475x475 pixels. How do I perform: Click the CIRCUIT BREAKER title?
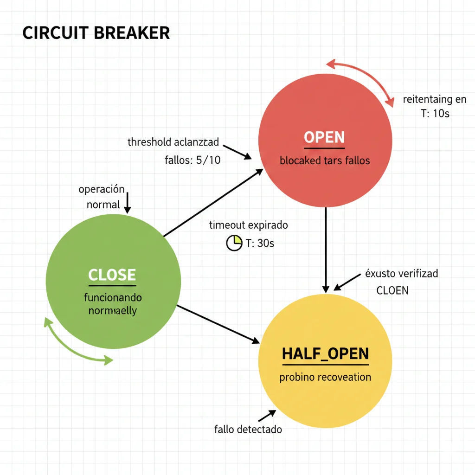pyautogui.click(x=96, y=33)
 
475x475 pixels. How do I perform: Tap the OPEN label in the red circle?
pyautogui.click(x=324, y=137)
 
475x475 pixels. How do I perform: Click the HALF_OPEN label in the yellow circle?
pyautogui.click(x=325, y=354)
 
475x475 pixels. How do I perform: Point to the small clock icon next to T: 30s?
pyautogui.click(x=234, y=243)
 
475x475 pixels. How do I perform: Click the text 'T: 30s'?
pyautogui.click(x=259, y=243)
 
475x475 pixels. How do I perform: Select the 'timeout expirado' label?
pyautogui.click(x=248, y=225)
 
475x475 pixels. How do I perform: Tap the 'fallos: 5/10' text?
pyautogui.click(x=193, y=160)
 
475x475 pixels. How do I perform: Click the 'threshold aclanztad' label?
pyautogui.click(x=173, y=142)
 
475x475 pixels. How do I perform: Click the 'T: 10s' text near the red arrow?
pyautogui.click(x=435, y=113)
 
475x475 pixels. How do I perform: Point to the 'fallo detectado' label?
pyautogui.click(x=248, y=429)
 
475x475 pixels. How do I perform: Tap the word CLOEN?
pyautogui.click(x=392, y=291)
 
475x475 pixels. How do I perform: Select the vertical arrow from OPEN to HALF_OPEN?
pyautogui.click(x=326, y=248)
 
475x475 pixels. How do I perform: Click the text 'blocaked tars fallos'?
pyautogui.click(x=325, y=160)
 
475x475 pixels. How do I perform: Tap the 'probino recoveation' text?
pyautogui.click(x=325, y=377)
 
